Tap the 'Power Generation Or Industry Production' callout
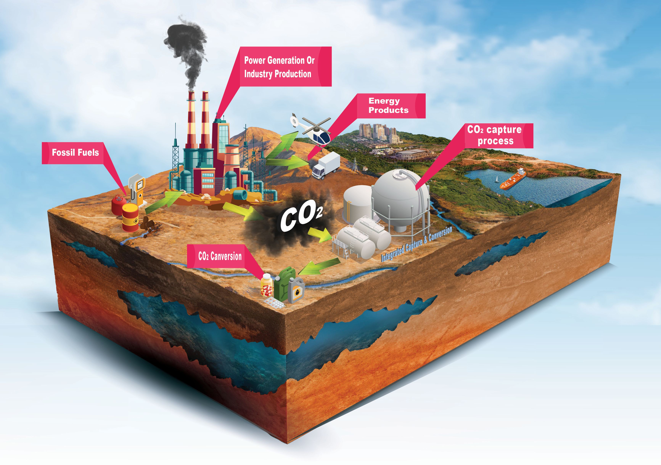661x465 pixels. coord(279,67)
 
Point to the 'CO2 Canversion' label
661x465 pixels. coord(220,256)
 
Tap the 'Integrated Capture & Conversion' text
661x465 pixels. coord(416,244)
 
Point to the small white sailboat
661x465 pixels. coord(497,180)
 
